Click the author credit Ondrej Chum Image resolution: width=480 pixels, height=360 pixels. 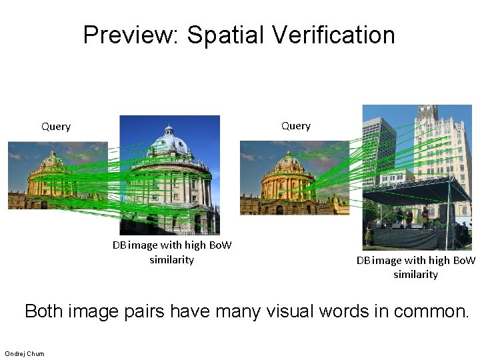tap(25, 353)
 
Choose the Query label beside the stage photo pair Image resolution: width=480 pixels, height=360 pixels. tap(295, 125)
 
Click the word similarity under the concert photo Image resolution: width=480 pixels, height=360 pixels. tap(415, 275)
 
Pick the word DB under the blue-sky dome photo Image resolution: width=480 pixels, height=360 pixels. tap(119, 245)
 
